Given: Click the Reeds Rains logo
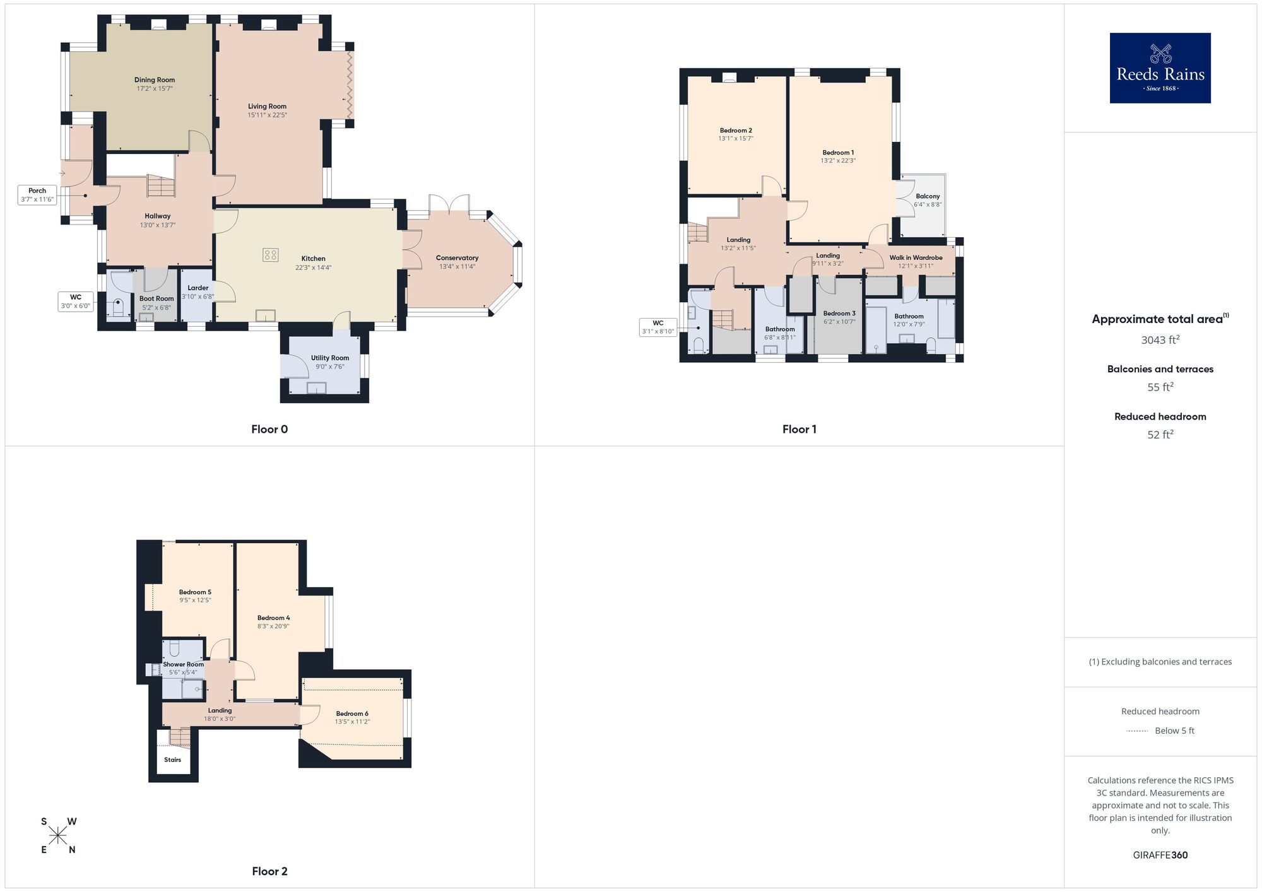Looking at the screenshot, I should (x=1160, y=68).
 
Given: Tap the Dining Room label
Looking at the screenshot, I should (x=155, y=80).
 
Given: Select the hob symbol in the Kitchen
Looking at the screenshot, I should (x=270, y=255).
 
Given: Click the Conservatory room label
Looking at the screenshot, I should (x=457, y=258).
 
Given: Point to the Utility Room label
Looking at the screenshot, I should (x=329, y=358).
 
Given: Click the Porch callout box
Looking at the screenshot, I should (x=37, y=194).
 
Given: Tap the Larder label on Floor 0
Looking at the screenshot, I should (x=198, y=288).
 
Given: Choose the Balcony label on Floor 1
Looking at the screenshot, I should (x=928, y=196).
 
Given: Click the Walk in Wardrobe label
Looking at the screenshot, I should (x=916, y=257).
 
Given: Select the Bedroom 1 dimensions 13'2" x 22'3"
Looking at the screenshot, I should (x=838, y=161).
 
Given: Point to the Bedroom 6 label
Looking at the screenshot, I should (x=352, y=713).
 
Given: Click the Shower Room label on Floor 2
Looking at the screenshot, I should (x=183, y=664).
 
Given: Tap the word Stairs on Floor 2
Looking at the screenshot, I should (x=172, y=760).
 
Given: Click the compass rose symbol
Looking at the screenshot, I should (x=58, y=836).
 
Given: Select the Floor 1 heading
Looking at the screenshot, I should (x=799, y=429).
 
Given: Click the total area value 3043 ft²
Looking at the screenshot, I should (x=1160, y=340).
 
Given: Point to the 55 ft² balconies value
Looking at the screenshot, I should (x=1160, y=387).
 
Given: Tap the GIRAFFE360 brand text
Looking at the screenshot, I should (x=1160, y=855).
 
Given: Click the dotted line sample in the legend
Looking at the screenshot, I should (x=1137, y=731).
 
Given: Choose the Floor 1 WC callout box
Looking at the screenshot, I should (x=658, y=327).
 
